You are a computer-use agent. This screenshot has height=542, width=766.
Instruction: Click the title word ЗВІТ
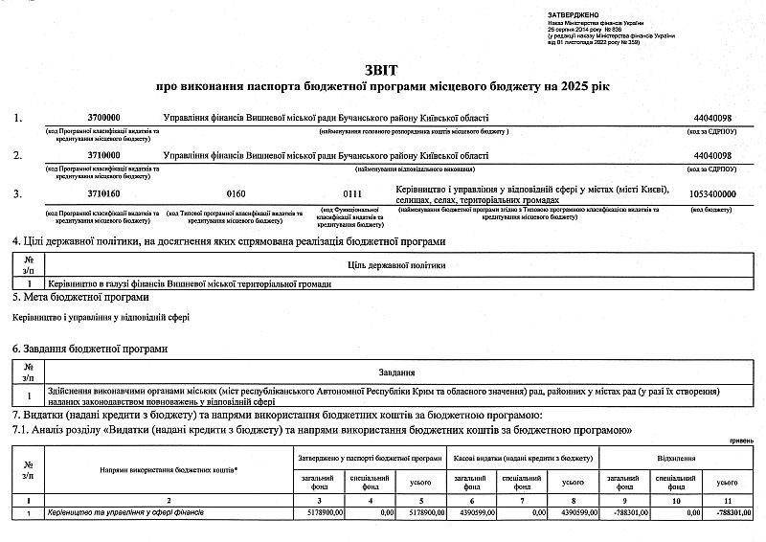[x=383, y=70]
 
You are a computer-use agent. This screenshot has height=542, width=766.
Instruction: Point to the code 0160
[x=236, y=193]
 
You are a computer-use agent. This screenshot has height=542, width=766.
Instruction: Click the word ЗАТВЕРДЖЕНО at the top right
[x=573, y=15]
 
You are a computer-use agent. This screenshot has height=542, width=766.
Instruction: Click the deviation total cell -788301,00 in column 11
[x=733, y=514]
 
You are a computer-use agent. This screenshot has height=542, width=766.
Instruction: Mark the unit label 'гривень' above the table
[x=740, y=440]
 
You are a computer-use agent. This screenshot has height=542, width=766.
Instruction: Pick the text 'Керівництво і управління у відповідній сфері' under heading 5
[x=101, y=317]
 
